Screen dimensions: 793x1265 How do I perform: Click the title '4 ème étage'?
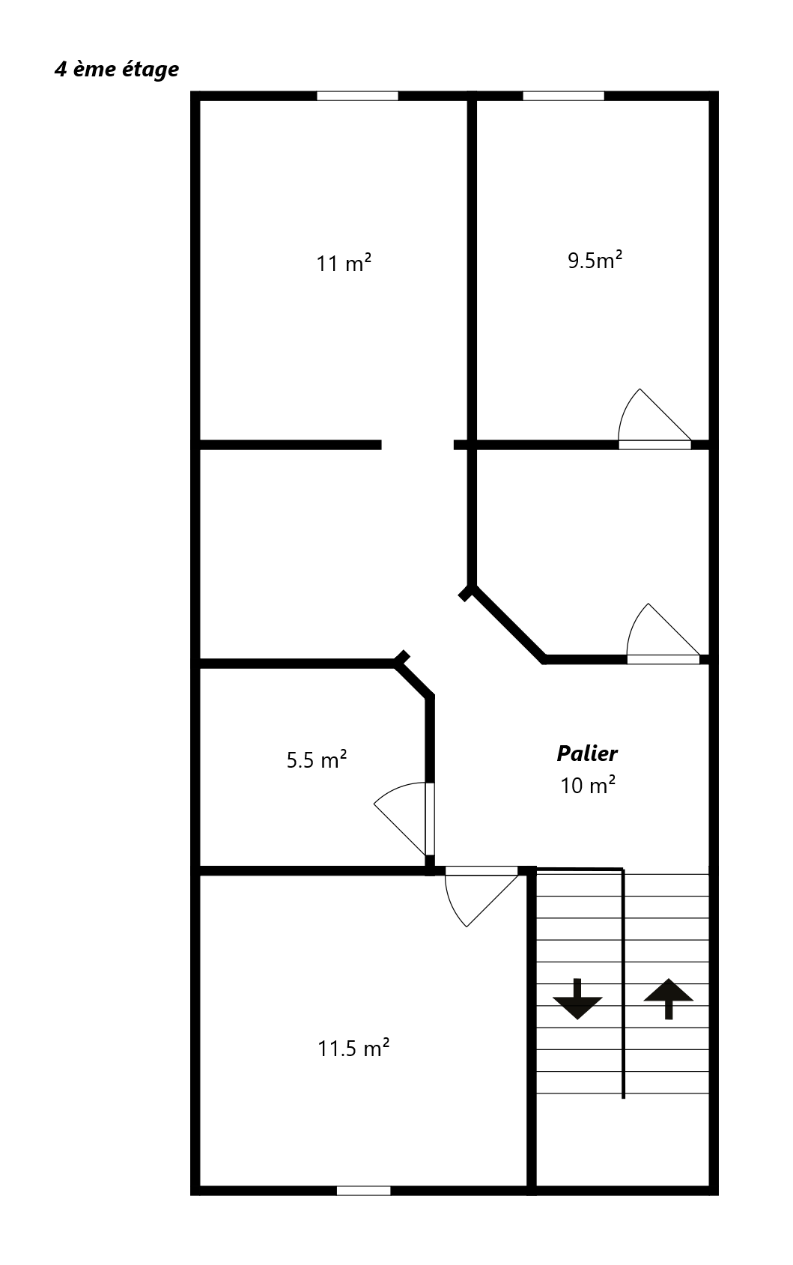tap(117, 70)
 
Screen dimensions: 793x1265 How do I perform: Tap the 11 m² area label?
tap(344, 263)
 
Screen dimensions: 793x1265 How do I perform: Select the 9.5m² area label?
tap(595, 260)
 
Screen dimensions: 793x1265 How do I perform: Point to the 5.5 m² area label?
tap(316, 759)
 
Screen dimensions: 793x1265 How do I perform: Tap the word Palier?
tap(587, 753)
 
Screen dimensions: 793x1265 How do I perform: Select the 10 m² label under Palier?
tap(587, 785)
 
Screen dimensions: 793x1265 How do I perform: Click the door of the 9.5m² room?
tap(654, 419)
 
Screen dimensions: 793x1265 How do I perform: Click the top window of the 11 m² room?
tap(357, 96)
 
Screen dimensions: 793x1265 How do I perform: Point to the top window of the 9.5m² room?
tap(563, 96)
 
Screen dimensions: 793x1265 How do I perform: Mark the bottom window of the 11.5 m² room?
tap(363, 1190)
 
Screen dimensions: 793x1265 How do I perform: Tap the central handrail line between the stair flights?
tap(623, 983)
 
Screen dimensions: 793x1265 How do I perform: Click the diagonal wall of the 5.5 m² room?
tap(415, 678)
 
